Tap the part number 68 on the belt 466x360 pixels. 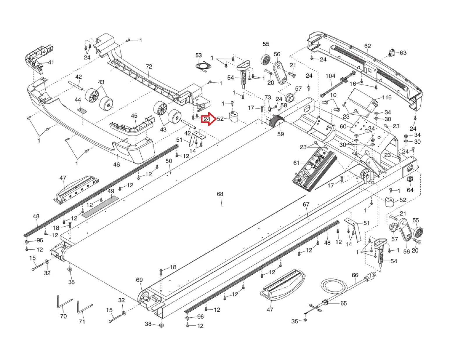point(220,194)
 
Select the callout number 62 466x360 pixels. point(367,46)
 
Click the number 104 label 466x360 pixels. point(330,76)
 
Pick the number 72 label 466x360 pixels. point(149,67)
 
